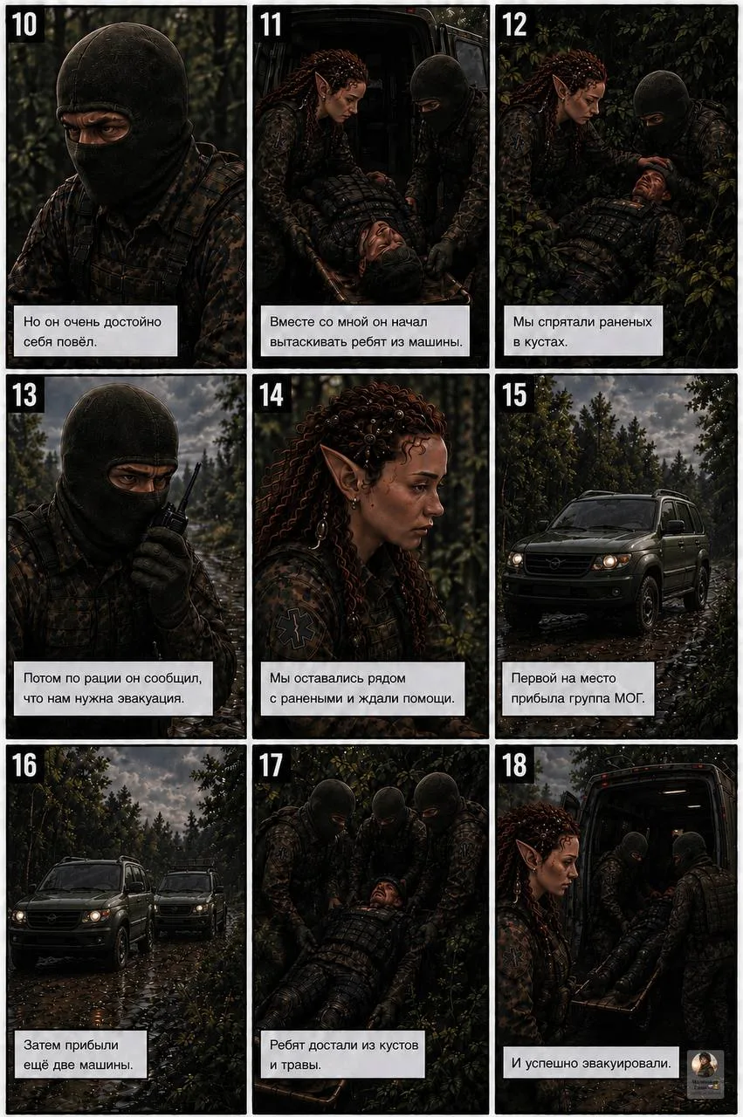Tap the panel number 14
[x=272, y=395]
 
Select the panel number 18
[x=514, y=765]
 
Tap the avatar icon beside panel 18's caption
[x=705, y=1074]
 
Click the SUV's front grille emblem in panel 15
[x=552, y=564]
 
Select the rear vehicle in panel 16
[x=189, y=899]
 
